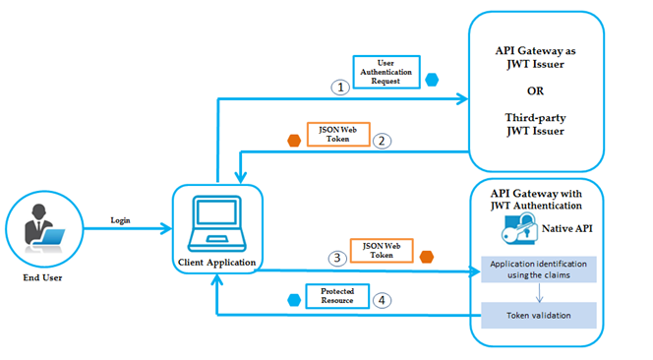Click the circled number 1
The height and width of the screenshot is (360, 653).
338,87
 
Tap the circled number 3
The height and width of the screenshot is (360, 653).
338,259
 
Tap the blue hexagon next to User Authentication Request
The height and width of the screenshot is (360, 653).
433,79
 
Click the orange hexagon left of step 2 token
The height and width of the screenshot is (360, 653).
292,140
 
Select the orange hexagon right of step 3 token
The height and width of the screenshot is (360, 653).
427,258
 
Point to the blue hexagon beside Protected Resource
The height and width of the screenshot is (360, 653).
292,298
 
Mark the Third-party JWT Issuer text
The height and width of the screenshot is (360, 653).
535,123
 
